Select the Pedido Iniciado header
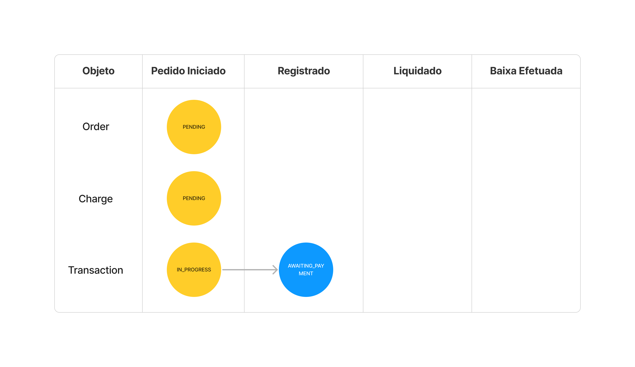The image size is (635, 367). (188, 71)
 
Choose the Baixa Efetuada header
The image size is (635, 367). (526, 71)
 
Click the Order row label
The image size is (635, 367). (96, 127)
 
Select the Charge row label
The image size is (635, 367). (96, 199)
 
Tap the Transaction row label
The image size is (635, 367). (96, 270)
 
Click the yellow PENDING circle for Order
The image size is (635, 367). (194, 127)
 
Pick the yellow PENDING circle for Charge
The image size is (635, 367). (194, 198)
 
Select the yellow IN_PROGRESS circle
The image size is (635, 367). (194, 270)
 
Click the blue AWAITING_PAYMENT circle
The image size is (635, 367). (306, 270)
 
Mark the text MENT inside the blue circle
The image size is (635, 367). (306, 274)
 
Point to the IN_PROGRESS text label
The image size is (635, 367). (194, 270)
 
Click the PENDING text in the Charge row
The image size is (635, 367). (194, 198)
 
